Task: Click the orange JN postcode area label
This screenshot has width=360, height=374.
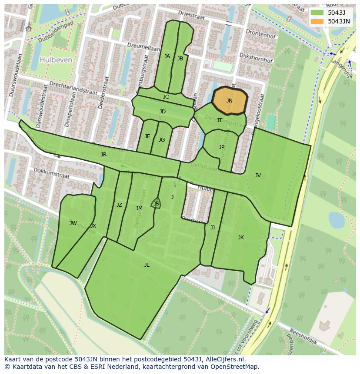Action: [x=229, y=101]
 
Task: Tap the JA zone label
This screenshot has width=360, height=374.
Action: [x=167, y=56]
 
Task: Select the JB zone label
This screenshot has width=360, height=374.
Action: [x=180, y=59]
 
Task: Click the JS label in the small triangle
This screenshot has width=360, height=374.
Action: [x=156, y=204]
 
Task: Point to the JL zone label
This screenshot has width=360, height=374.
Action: [x=147, y=265]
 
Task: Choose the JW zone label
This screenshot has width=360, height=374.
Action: [x=73, y=223]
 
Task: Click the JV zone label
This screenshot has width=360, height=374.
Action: [x=258, y=175]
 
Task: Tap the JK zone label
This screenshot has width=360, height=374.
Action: [x=241, y=238]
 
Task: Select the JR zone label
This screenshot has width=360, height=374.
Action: [x=103, y=155]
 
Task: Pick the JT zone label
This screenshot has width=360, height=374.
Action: [x=220, y=120]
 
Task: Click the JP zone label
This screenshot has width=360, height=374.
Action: [x=222, y=147]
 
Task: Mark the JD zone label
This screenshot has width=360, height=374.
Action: [x=162, y=112]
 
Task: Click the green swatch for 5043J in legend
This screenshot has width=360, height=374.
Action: [x=317, y=13]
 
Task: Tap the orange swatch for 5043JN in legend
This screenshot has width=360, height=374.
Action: [x=317, y=21]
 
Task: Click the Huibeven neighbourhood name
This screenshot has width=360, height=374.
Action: [x=56, y=60]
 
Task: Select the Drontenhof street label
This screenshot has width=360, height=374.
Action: [x=260, y=34]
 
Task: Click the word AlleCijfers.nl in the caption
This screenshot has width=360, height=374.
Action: [x=226, y=360]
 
